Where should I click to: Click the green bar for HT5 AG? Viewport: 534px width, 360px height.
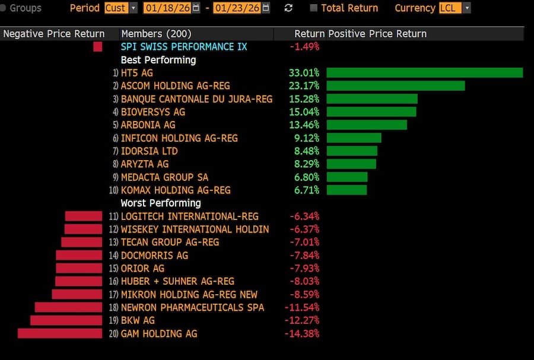tap(424, 72)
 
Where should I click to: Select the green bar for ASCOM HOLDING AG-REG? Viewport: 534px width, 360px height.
tap(395, 85)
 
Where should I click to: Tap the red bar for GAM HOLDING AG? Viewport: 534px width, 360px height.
tap(60, 333)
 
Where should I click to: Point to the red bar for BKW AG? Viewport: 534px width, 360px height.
tap(66, 320)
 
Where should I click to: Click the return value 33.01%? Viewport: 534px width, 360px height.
tap(304, 72)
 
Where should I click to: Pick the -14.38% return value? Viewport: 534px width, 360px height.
tap(304, 333)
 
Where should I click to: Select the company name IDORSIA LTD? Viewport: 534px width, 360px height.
tap(149, 151)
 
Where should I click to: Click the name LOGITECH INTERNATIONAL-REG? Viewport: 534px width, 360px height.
tap(189, 216)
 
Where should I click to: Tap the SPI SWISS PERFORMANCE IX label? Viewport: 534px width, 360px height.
tap(184, 46)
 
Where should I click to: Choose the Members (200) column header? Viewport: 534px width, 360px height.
tap(156, 34)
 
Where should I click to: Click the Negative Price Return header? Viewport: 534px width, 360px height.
tap(54, 34)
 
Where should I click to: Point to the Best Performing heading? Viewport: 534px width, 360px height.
tap(158, 59)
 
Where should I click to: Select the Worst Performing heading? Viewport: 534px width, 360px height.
tap(160, 203)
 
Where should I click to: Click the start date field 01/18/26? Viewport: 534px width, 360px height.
tap(167, 8)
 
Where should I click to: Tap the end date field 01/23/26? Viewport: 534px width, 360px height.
tap(236, 8)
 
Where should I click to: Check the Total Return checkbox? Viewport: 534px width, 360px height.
tap(314, 8)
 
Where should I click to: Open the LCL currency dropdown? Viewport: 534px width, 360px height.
tap(466, 8)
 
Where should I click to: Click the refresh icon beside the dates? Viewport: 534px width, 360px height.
tap(289, 8)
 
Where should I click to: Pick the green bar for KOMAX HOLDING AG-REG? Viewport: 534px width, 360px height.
tap(347, 190)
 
